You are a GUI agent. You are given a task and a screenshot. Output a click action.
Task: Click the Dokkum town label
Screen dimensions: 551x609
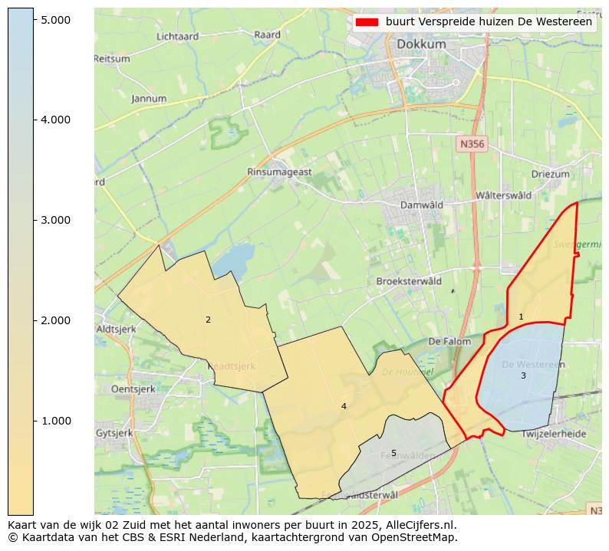tap(421, 44)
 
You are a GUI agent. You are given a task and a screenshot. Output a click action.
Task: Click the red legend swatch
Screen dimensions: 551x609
tap(367, 22)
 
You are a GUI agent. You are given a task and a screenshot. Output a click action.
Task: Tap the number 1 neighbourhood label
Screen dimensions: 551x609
tap(521, 316)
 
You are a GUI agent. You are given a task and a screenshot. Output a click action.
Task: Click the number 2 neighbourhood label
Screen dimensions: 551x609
tap(208, 320)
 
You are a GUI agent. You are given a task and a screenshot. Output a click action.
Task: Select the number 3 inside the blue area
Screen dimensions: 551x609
tap(523, 376)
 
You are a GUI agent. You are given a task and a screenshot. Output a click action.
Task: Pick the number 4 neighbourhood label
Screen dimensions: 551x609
tap(344, 406)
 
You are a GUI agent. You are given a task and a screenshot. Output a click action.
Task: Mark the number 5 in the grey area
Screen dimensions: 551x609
tap(393, 453)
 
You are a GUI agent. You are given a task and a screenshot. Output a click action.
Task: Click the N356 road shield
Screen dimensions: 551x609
tap(472, 144)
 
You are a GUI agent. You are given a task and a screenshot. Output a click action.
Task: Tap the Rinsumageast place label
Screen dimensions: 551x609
tap(279, 172)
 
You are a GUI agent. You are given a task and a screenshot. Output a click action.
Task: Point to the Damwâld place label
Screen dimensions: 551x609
tap(422, 205)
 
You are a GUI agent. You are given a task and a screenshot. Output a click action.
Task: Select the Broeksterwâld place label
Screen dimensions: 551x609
tap(409, 281)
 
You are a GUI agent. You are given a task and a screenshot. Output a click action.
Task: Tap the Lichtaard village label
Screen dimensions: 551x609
tap(177, 36)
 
